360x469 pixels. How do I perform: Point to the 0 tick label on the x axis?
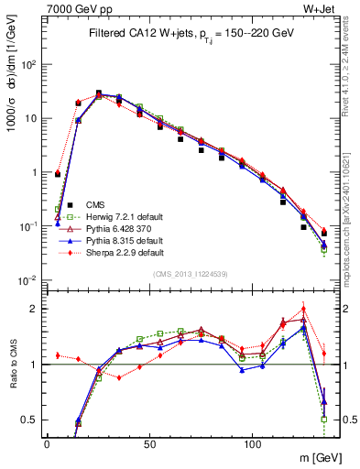(47, 443)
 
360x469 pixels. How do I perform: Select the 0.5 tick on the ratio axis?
(29, 420)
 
